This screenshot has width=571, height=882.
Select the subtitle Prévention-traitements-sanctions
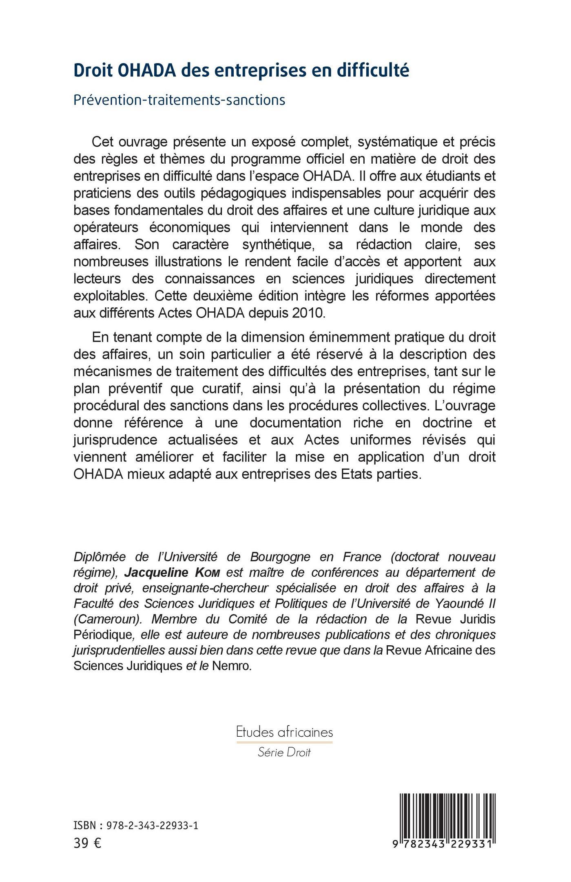click(179, 100)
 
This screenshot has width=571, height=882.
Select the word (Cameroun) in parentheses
click(108, 620)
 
